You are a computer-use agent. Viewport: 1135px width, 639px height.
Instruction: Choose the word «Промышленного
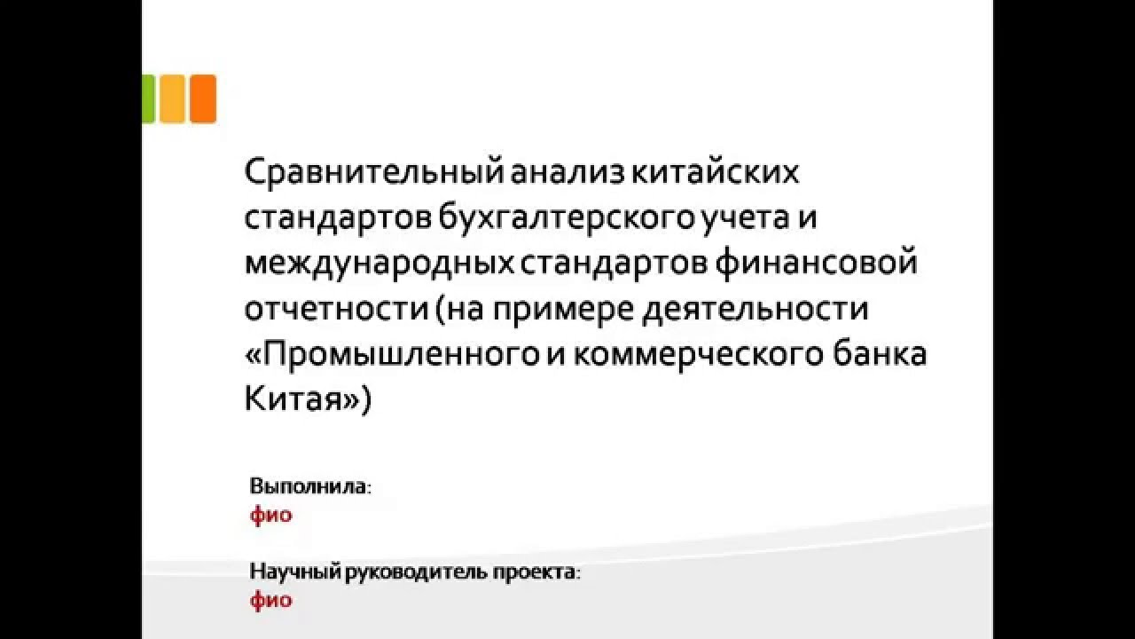tap(390, 355)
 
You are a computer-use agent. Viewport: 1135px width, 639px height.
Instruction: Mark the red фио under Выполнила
tap(270, 515)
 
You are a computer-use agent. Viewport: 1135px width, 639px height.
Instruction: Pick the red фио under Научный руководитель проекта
tap(270, 600)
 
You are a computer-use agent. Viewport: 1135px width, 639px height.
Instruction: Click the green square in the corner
tap(148, 98)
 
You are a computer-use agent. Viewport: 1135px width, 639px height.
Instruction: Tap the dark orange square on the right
tap(203, 98)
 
